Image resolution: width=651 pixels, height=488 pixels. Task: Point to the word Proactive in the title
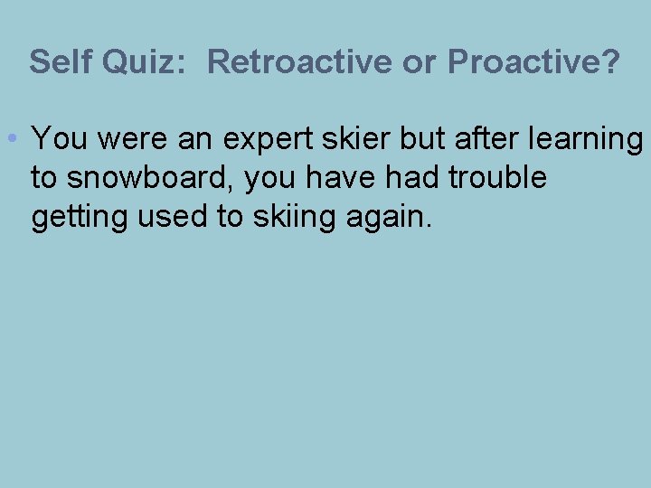click(525, 61)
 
